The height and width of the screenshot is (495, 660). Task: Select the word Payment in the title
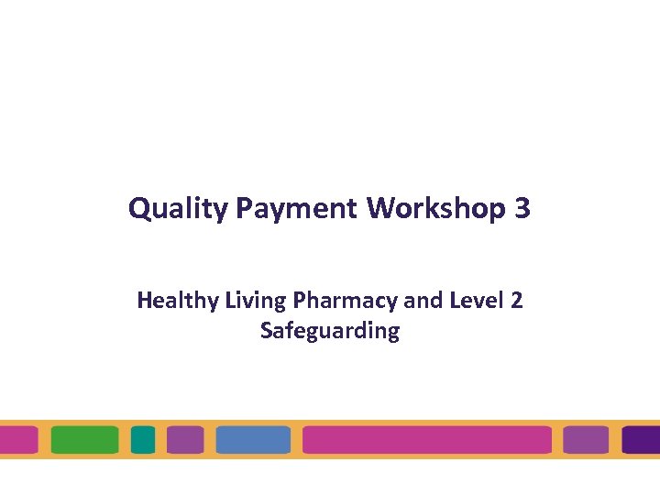point(296,209)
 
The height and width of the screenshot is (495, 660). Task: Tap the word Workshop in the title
point(435,208)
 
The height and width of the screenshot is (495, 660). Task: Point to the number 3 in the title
point(522,208)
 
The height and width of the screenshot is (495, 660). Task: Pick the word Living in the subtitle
point(243,301)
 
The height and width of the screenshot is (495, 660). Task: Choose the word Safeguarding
point(330,330)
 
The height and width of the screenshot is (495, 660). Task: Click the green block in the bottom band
point(85,440)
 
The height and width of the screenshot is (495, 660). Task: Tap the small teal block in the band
point(143,440)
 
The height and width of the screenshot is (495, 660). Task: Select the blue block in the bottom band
point(253,440)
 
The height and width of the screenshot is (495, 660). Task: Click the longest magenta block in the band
point(426,440)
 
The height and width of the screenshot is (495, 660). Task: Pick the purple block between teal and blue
point(185,440)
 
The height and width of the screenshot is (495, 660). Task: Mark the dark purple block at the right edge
point(642,440)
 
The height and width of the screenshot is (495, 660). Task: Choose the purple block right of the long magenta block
point(586,440)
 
